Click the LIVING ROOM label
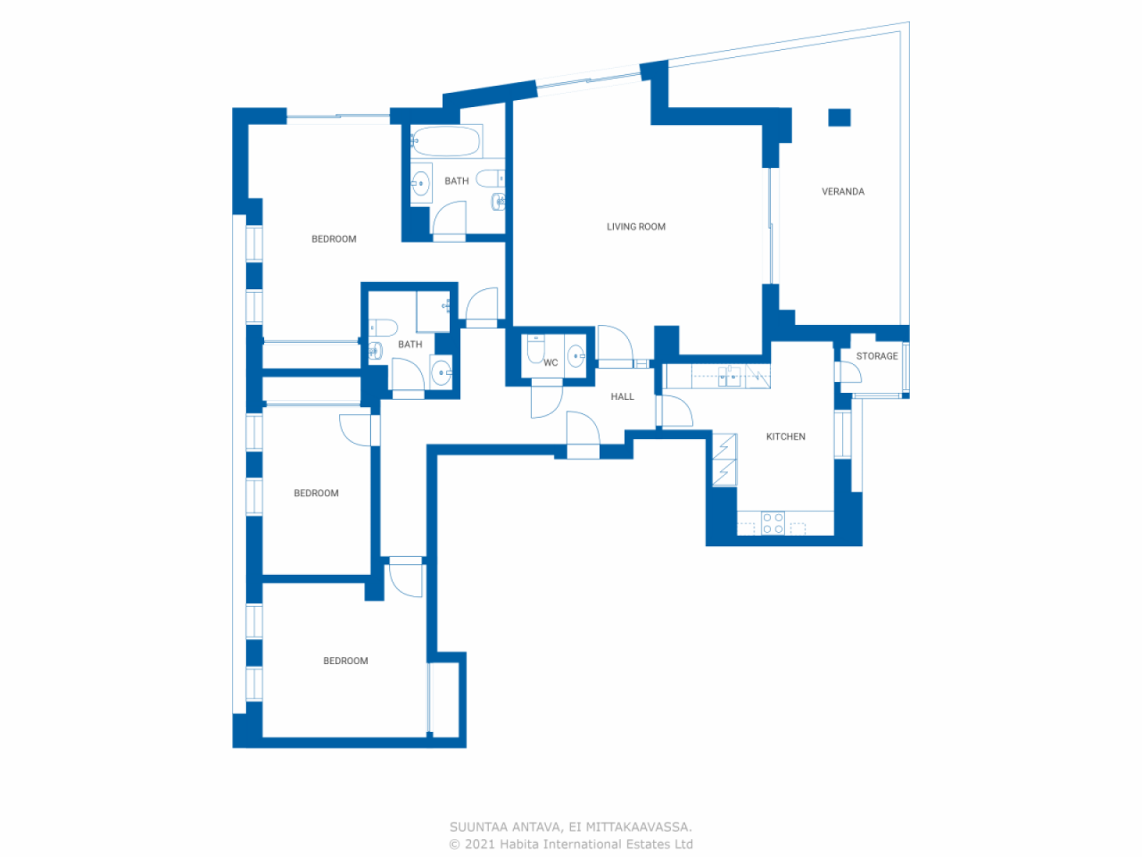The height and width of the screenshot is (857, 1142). [x=636, y=227]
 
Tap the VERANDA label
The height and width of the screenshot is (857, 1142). [x=843, y=191]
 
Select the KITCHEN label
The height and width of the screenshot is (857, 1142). [x=785, y=437]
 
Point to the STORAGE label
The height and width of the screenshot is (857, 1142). [x=877, y=356]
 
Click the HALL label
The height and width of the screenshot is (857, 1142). [x=623, y=396]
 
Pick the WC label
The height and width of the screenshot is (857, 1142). [x=550, y=362]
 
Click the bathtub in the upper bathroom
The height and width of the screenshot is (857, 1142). [x=446, y=141]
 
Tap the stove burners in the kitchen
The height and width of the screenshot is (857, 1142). [x=773, y=523]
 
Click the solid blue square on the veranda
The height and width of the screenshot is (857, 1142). [x=840, y=117]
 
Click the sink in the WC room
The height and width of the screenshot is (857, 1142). [x=575, y=355]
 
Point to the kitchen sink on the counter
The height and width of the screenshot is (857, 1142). [x=730, y=376]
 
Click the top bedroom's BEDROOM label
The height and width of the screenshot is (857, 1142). [x=334, y=239]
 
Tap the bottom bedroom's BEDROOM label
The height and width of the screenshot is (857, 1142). [x=345, y=661]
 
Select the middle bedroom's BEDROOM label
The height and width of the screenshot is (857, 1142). [x=316, y=493]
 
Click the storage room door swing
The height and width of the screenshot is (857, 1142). [x=850, y=372]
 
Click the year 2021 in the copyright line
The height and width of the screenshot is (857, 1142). [x=479, y=845]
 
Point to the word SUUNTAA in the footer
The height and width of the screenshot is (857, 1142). [x=477, y=828]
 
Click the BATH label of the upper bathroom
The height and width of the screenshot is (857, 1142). [x=456, y=181]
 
